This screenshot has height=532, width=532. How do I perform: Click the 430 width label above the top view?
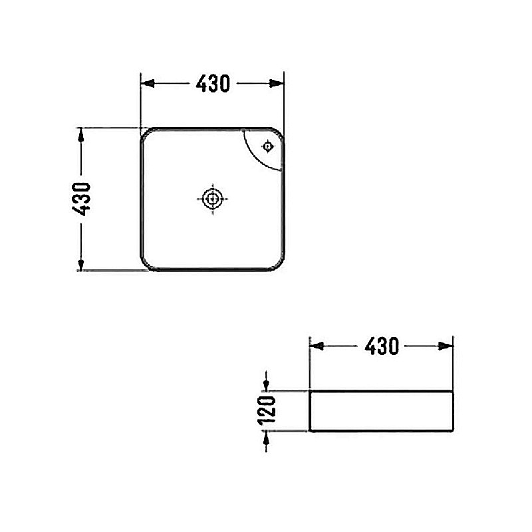coord(213,84)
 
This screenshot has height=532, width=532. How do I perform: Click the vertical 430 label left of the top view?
coord(81,199)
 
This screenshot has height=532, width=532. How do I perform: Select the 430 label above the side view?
coord(382,346)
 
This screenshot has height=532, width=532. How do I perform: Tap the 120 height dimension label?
coord(267,410)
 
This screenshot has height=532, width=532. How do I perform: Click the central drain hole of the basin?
coord(212,199)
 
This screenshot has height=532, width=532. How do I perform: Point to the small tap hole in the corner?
coord(268,146)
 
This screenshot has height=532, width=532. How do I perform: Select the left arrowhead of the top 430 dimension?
coord(148,84)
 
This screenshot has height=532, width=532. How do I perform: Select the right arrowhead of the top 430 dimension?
coord(277,84)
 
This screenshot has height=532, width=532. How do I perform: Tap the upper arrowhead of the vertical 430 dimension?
coord(80,136)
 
